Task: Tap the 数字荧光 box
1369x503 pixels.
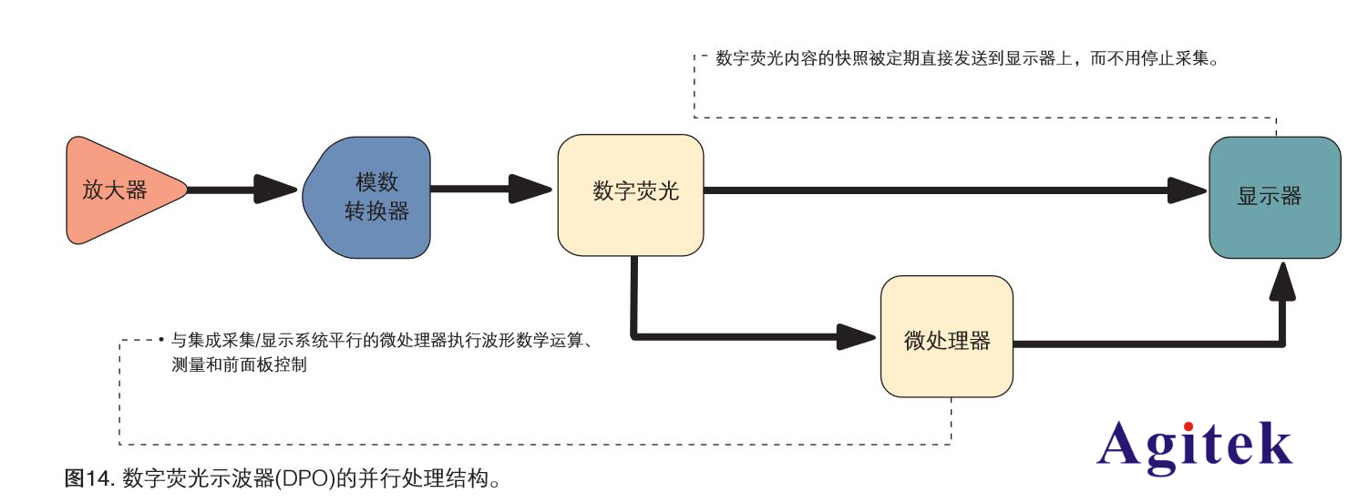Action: tap(631, 195)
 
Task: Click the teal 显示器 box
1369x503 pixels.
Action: tap(1274, 197)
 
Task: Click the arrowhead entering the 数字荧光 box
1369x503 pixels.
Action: tap(530, 190)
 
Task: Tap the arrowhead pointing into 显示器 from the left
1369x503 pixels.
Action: tap(1187, 190)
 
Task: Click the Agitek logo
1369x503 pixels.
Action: tap(1194, 446)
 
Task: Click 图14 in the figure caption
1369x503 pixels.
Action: tap(87, 478)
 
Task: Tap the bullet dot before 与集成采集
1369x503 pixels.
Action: tap(160, 341)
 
